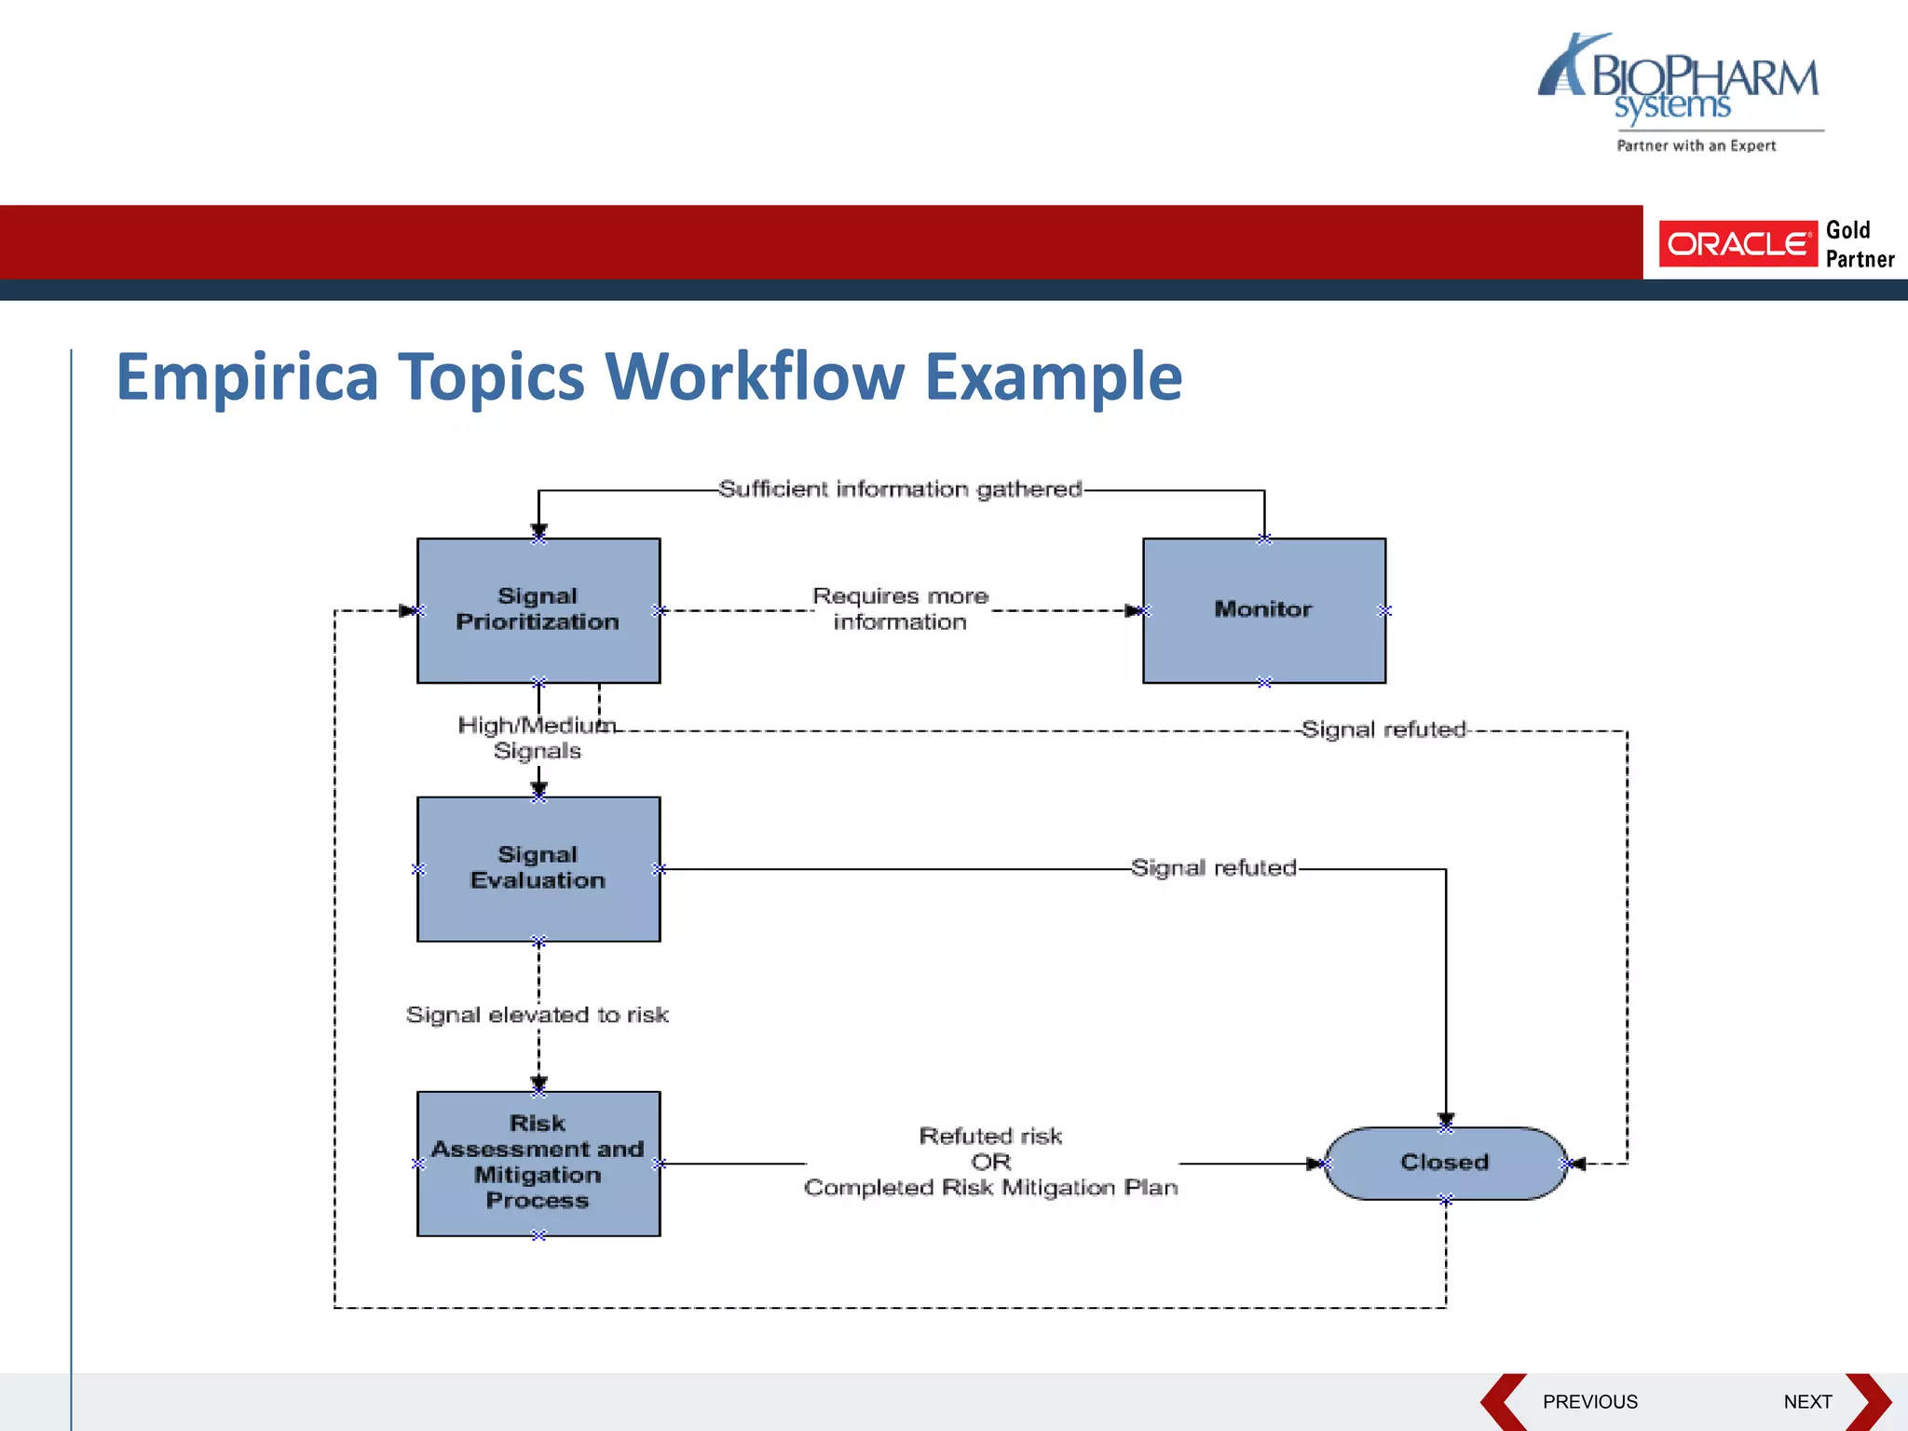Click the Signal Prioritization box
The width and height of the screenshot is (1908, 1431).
coord(538,610)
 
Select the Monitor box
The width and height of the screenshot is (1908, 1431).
coord(1263,610)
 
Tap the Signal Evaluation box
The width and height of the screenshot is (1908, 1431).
coord(538,868)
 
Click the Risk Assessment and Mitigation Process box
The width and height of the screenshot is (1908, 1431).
coord(538,1163)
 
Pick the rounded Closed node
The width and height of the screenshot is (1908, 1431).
coord(1445,1163)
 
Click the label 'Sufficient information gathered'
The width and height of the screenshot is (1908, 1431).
coord(900,489)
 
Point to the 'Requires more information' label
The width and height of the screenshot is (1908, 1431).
coord(900,608)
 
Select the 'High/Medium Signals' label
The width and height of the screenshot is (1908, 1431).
coord(537,738)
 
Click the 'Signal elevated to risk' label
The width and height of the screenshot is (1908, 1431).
coord(538,1015)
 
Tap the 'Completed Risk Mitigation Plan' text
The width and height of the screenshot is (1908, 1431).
coord(990,1188)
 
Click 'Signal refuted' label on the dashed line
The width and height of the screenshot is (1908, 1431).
coord(1383,729)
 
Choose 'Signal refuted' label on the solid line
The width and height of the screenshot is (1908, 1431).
coord(1213,868)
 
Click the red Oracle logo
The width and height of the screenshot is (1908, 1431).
coord(1738,244)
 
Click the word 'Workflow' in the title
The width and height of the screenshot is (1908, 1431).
coord(755,377)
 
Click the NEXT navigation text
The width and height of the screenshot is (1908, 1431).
coord(1807,1401)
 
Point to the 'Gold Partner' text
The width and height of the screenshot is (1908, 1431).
coord(1860,244)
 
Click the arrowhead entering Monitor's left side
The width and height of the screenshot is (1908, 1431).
coord(1134,611)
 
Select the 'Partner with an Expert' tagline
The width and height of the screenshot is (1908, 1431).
coord(1696,145)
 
